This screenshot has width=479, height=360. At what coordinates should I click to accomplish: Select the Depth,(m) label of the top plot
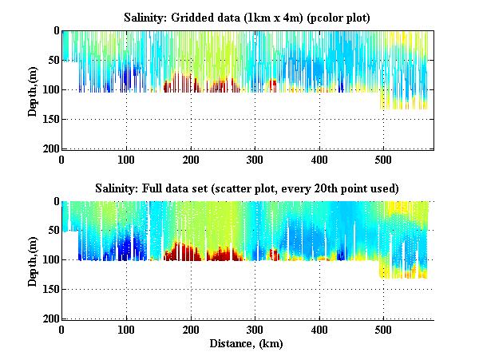click(33, 89)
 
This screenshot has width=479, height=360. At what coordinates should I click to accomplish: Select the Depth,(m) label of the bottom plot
click(33, 260)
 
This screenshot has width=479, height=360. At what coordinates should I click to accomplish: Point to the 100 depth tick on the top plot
click(49, 89)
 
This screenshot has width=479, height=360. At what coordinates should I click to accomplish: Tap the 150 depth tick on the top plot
click(49, 119)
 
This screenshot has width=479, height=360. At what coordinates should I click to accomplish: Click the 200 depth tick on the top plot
click(49, 148)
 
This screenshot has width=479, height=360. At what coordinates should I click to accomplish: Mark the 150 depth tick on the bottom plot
click(49, 290)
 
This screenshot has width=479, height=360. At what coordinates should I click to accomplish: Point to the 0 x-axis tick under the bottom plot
click(62, 330)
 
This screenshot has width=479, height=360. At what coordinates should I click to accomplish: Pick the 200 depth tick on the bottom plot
click(49, 318)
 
